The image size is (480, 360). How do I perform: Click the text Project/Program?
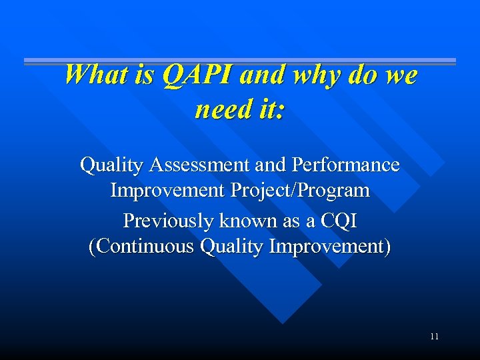(x=300, y=191)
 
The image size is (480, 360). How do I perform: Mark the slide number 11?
(x=434, y=337)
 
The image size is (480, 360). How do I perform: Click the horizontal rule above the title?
(x=240, y=61)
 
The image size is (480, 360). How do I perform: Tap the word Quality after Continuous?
(x=231, y=247)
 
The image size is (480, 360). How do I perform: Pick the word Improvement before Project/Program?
(x=168, y=191)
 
